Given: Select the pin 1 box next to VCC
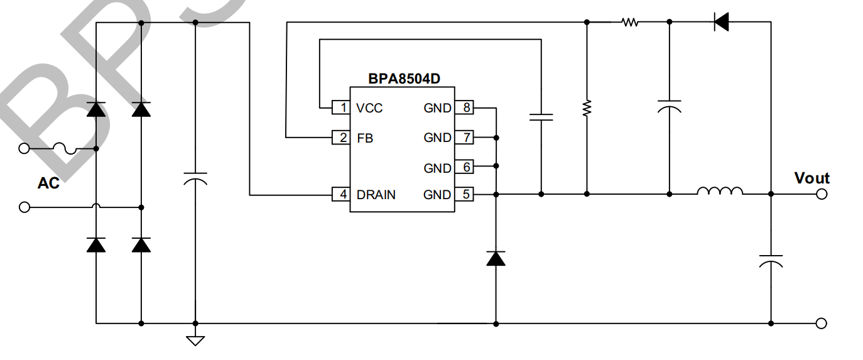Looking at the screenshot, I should pyautogui.click(x=341, y=108).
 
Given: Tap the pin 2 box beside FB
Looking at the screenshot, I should pyautogui.click(x=341, y=137).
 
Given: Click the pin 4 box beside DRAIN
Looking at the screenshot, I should pyautogui.click(x=341, y=194).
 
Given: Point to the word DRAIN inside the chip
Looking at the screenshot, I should pyautogui.click(x=376, y=195).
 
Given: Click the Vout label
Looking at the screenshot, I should pyautogui.click(x=811, y=178).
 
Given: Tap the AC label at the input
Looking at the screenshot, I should pyautogui.click(x=48, y=183).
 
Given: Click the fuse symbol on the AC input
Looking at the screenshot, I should pyautogui.click(x=65, y=149).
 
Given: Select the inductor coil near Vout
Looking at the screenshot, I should pyautogui.click(x=720, y=191).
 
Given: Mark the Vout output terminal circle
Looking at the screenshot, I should pyautogui.click(x=821, y=194).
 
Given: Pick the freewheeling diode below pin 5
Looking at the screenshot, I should pyautogui.click(x=496, y=258).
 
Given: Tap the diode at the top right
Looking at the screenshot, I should pyautogui.click(x=721, y=23).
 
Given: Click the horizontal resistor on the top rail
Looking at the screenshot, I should pyautogui.click(x=630, y=23).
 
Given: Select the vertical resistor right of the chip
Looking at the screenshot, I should pyautogui.click(x=587, y=109).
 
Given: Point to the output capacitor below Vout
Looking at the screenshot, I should pyautogui.click(x=771, y=261).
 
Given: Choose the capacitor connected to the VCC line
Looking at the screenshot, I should pyautogui.click(x=541, y=116).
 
